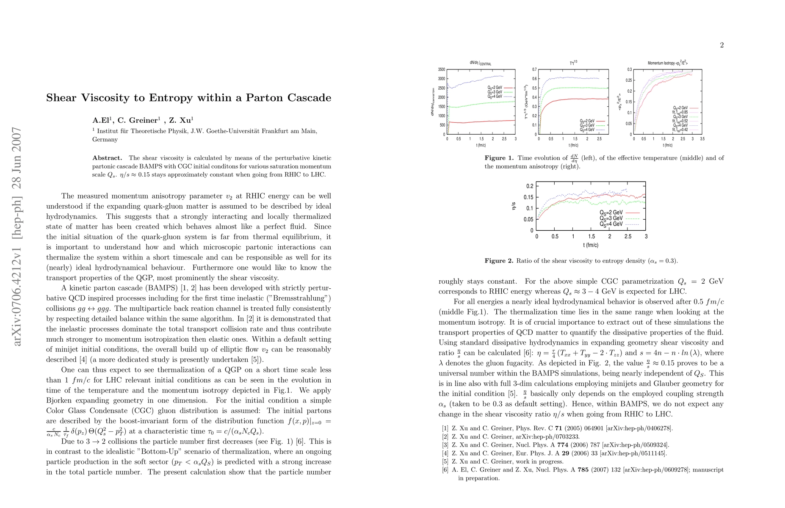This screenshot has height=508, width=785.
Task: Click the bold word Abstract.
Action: (x=107, y=158)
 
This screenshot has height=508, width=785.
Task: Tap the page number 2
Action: (x=721, y=45)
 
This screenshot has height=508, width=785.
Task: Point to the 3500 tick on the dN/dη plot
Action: (x=441, y=69)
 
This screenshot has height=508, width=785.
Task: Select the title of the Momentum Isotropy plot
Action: (x=667, y=63)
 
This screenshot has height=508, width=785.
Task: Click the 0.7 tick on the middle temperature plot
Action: (x=534, y=69)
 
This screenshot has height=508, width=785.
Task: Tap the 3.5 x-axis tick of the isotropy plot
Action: (x=702, y=139)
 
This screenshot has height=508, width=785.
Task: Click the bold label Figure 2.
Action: (x=499, y=261)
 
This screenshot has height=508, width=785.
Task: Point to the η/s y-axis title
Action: (x=514, y=206)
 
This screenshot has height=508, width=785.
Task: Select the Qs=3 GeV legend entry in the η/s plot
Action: (x=611, y=218)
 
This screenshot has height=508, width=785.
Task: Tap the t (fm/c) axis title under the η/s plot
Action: (x=591, y=245)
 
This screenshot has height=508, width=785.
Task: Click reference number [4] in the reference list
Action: (x=445, y=453)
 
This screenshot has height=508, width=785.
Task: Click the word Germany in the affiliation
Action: (x=105, y=139)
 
